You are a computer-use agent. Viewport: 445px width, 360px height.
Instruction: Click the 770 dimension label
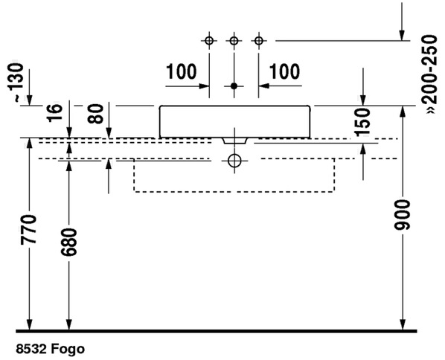point(28,230)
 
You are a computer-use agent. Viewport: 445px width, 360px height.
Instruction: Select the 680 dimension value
point(69,242)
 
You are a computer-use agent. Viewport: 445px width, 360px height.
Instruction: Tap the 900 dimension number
point(402,215)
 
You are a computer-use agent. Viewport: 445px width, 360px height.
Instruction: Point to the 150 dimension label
point(362,121)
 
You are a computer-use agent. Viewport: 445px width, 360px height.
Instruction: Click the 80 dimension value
point(95,114)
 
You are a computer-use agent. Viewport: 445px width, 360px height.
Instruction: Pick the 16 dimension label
point(54,112)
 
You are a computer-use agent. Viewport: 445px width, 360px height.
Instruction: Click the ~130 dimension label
point(16,81)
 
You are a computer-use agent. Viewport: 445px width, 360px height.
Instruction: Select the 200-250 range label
point(429,74)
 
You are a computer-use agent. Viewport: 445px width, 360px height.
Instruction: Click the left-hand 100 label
point(181,71)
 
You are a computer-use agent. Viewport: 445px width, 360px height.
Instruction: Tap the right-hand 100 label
point(284,71)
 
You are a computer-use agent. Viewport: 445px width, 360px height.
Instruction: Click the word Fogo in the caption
point(68,349)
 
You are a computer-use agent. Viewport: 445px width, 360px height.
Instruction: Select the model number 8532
point(31,349)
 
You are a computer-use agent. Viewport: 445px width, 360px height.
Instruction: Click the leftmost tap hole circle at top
point(209,41)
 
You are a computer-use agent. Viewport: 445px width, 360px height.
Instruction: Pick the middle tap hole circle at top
point(234,41)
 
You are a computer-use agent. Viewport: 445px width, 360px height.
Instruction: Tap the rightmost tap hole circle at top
point(258,41)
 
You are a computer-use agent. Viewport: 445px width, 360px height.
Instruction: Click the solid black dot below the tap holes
point(234,86)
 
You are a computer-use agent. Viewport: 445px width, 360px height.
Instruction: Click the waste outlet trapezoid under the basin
point(234,141)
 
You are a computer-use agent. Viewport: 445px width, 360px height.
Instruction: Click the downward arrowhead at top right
point(402,36)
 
